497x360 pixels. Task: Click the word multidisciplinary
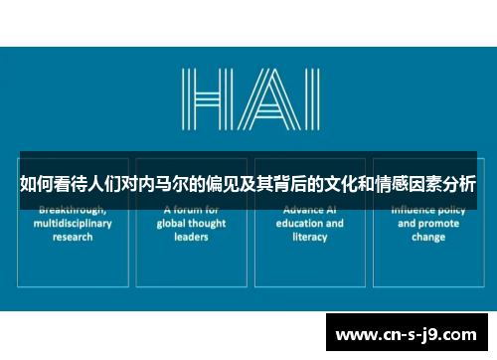coord(73,224)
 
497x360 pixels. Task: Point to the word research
coord(73,238)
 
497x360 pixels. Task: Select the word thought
coord(208,224)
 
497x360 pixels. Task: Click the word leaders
coord(190,238)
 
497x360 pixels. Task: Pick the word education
coord(295,224)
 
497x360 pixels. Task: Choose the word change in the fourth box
coord(428,238)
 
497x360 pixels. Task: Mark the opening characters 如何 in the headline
coord(37,183)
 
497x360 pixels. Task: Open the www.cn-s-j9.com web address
coord(407,333)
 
